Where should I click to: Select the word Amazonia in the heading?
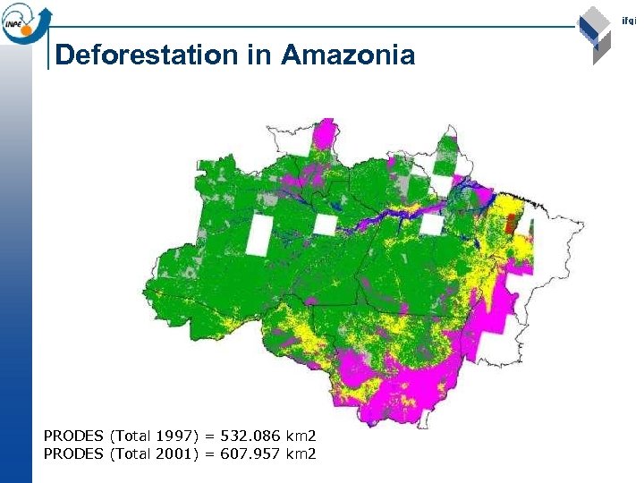coord(348,55)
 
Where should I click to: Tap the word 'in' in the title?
coord(259,55)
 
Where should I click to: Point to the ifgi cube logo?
coord(594,34)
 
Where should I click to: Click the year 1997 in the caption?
coord(175,436)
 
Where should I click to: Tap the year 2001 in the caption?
coord(175,454)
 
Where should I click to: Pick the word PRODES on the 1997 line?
coord(73,436)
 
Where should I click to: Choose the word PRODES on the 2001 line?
coord(73,454)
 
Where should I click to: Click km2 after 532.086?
coord(301,436)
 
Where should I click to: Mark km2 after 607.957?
coord(301,454)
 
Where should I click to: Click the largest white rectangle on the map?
coord(258,235)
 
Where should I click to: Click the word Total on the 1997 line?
coord(131,436)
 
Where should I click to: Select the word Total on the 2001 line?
coord(131,454)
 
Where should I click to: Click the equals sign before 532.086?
coord(209,436)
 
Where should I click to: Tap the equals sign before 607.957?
coord(209,454)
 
